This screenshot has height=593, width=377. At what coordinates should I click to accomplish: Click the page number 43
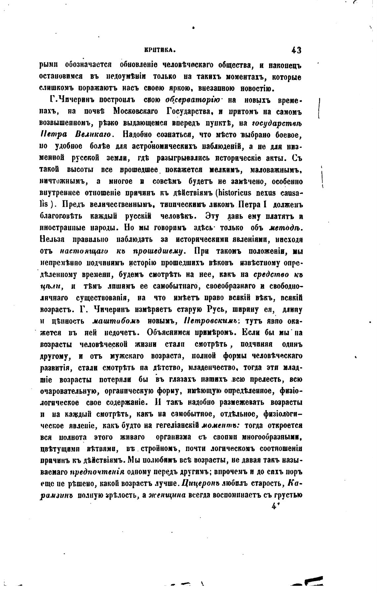point(296,51)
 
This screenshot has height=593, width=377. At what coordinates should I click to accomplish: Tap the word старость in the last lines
point(263,484)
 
